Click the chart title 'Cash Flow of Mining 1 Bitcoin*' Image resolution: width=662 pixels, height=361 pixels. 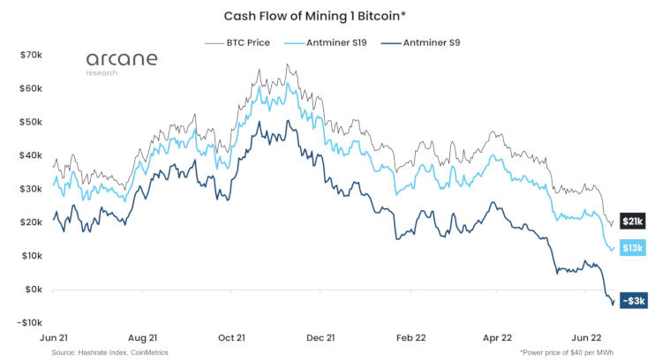click(330, 16)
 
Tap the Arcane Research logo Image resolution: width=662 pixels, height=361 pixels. click(122, 63)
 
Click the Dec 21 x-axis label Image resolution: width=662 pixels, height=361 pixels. click(319, 337)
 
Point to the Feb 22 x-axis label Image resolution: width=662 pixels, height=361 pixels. click(411, 337)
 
